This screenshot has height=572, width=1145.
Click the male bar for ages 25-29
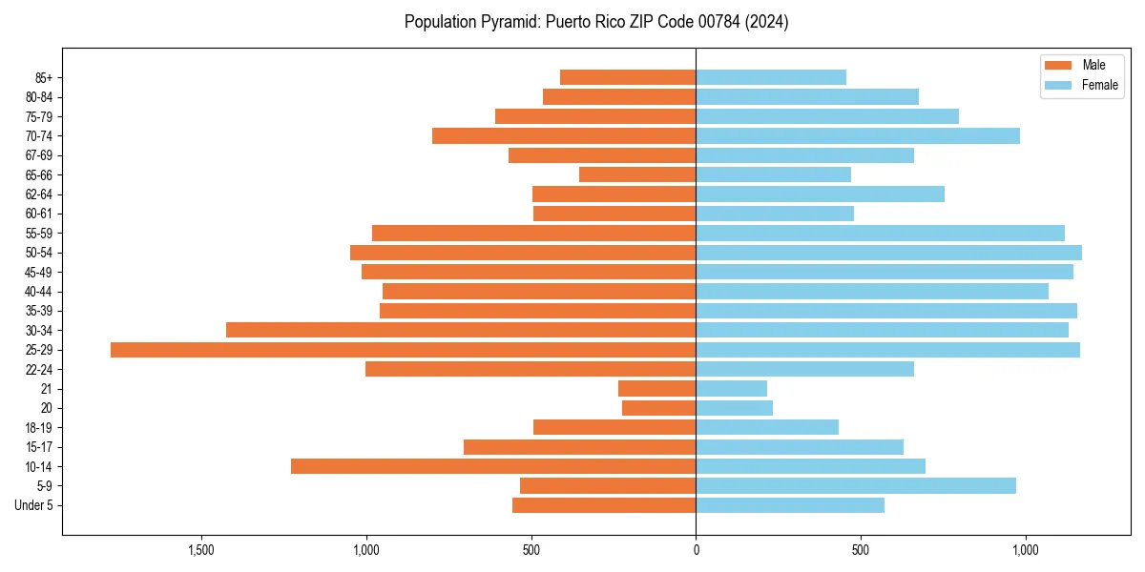click(x=403, y=350)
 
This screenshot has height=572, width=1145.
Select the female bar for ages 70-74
click(x=857, y=136)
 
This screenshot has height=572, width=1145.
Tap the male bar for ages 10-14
click(x=493, y=466)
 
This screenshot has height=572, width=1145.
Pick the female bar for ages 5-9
click(x=855, y=485)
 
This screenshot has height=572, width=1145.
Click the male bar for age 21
click(x=656, y=389)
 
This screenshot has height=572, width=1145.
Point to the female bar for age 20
click(x=734, y=408)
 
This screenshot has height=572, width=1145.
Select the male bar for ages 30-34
click(x=461, y=330)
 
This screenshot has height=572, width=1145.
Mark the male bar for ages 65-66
click(x=637, y=174)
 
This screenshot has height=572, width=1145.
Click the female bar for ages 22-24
click(x=804, y=369)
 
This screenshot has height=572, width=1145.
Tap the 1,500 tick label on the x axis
click(x=200, y=550)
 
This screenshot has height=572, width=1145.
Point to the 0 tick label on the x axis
click(x=696, y=550)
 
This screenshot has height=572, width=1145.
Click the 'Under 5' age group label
click(x=33, y=505)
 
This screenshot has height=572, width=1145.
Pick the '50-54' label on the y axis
click(x=39, y=253)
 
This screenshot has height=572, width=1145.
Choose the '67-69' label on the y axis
click(x=39, y=155)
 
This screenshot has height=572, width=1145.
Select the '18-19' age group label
click(x=39, y=428)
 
